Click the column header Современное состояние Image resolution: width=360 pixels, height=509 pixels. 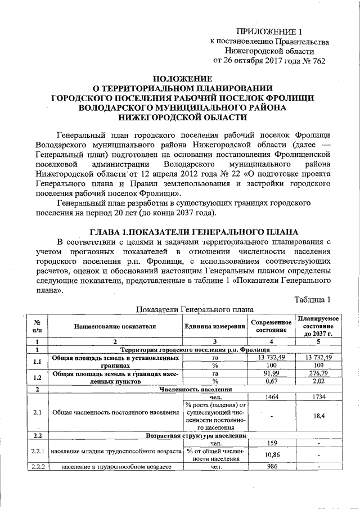click(x=271, y=326)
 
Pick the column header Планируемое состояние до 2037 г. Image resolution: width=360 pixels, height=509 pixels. click(x=318, y=326)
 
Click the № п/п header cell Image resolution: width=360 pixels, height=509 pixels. click(x=37, y=326)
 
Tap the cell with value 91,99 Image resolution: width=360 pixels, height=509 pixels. click(x=271, y=373)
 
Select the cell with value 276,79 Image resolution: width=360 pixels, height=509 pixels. click(x=318, y=373)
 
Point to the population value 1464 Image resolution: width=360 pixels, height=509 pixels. click(x=271, y=397)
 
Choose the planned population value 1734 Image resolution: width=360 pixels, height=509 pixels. click(x=318, y=397)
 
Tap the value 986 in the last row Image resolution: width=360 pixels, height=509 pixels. click(x=271, y=467)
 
